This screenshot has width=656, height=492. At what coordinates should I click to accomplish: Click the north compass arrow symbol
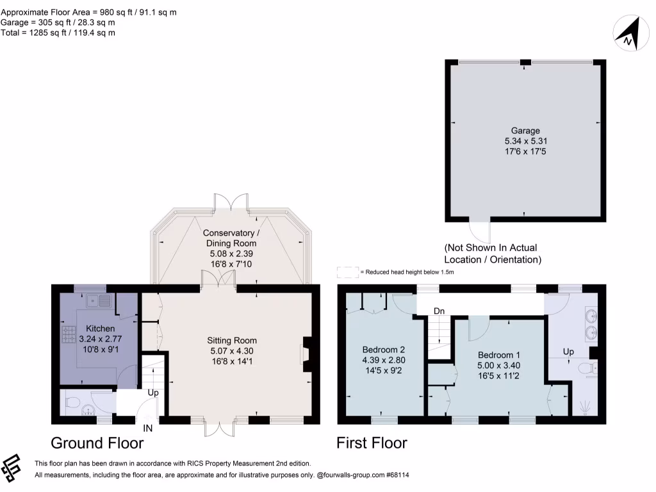coord(630,34)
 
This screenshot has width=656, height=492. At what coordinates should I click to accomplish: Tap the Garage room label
coord(525,131)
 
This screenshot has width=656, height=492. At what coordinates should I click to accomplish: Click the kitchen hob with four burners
coord(69,333)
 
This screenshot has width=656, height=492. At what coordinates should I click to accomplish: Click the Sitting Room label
coord(231,340)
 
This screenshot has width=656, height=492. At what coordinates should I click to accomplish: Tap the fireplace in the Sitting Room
coord(306,354)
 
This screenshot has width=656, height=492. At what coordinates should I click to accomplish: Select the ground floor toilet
coord(72,404)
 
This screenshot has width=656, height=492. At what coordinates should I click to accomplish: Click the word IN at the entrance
coord(148,429)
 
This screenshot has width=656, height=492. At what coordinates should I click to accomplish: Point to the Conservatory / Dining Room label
coord(231,238)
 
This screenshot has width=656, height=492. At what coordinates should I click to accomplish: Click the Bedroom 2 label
coord(383,350)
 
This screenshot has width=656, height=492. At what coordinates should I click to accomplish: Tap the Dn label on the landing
coord(439,311)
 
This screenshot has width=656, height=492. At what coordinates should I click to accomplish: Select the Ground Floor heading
coord(97,443)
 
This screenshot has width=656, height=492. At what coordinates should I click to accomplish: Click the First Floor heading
coord(372,443)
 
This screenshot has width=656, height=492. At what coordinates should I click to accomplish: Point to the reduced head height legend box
coord(347,272)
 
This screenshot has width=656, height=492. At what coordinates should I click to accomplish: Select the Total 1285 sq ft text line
coord(58,33)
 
